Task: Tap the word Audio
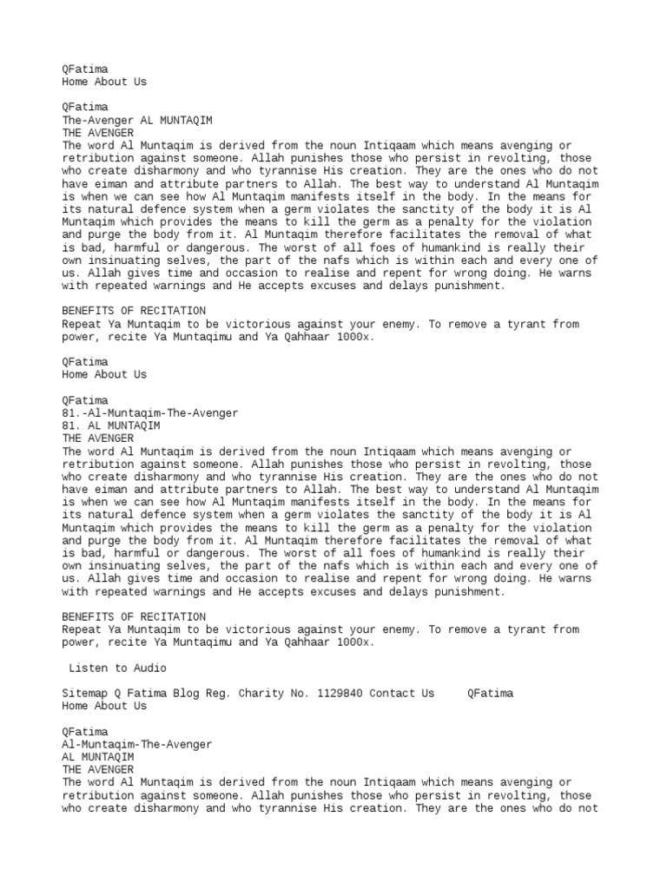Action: coord(149,668)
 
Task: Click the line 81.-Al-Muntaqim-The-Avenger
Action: coord(149,413)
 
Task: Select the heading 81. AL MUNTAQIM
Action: coord(110,426)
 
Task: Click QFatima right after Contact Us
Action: coord(490,694)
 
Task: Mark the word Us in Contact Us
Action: coord(427,694)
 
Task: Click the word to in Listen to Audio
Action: coord(120,668)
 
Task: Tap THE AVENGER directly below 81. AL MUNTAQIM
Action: coord(97,438)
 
